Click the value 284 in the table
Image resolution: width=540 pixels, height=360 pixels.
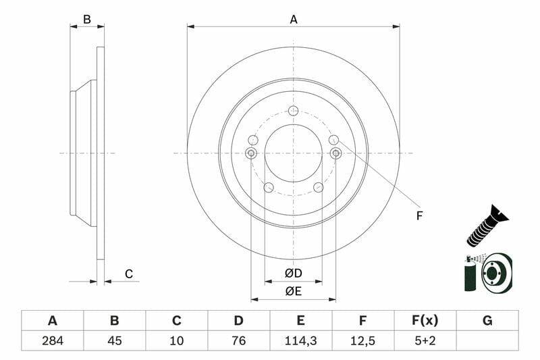pyautogui.click(x=53, y=340)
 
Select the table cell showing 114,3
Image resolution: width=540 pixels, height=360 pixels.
pyautogui.click(x=300, y=340)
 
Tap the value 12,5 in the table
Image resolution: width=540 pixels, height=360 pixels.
pyautogui.click(x=362, y=340)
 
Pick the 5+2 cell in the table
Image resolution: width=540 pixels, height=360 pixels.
pyautogui.click(x=425, y=340)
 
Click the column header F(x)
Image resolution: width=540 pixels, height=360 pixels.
pyautogui.click(x=425, y=321)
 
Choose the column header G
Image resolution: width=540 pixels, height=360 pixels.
pyautogui.click(x=487, y=321)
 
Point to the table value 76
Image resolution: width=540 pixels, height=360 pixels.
pyautogui.click(x=239, y=340)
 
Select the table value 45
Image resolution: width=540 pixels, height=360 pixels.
pyautogui.click(x=115, y=340)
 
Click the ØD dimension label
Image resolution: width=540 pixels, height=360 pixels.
pyautogui.click(x=294, y=273)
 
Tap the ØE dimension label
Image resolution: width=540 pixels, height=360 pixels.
pyautogui.click(x=294, y=292)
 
